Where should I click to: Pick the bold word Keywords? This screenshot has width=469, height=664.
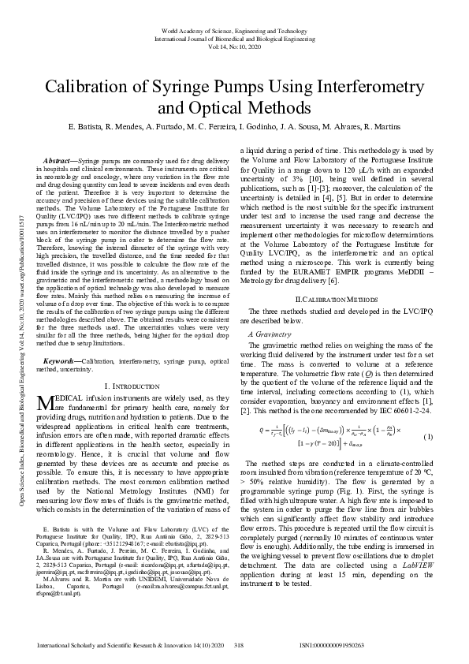[61, 360]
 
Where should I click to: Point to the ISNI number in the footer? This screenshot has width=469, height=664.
[332, 646]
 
